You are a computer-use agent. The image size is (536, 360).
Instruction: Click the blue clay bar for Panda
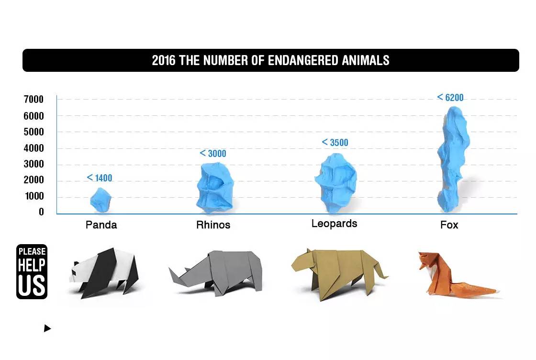tap(101, 200)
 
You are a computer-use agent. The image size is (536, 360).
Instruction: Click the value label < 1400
tap(100, 178)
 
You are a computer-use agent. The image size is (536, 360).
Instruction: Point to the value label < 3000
tap(213, 154)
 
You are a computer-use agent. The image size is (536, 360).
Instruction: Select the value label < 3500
tap(335, 143)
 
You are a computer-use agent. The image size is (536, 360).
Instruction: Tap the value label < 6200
tap(450, 98)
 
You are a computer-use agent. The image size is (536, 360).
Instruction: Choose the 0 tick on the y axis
tap(41, 212)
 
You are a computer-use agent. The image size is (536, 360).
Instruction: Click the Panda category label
tap(101, 225)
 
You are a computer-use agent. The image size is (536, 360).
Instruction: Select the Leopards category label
tap(334, 224)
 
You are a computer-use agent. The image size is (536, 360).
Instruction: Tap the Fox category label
tap(449, 225)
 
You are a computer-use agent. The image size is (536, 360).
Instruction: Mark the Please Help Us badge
tap(32, 271)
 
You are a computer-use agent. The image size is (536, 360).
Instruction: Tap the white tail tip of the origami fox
tap(498, 292)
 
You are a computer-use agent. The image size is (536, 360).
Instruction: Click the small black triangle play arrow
tap(47, 328)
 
